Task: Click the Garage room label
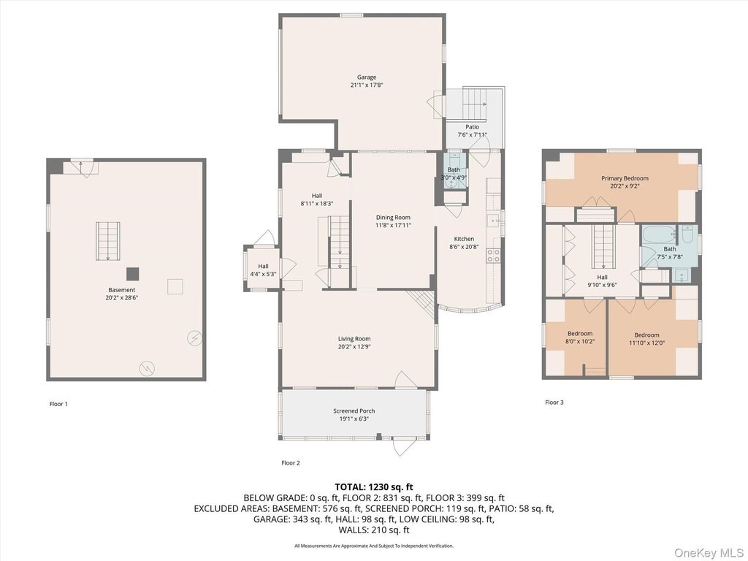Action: pos(367,77)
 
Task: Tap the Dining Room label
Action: pos(393,218)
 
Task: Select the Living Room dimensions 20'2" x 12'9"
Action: pos(354,347)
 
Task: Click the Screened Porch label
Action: pos(354,411)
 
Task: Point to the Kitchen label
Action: pos(464,239)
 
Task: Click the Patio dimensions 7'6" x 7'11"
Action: pos(473,134)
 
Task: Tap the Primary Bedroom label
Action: pos(625,178)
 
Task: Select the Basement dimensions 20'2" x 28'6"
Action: pos(122,298)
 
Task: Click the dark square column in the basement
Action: pos(133,274)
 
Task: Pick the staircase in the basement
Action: pos(108,241)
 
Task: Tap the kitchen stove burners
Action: pos(493,256)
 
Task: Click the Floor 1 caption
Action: pos(58,404)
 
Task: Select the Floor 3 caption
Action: pos(554,402)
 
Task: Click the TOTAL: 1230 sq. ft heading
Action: pos(374,487)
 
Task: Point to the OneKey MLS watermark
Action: pos(709,552)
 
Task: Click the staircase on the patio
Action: pos(474,104)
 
